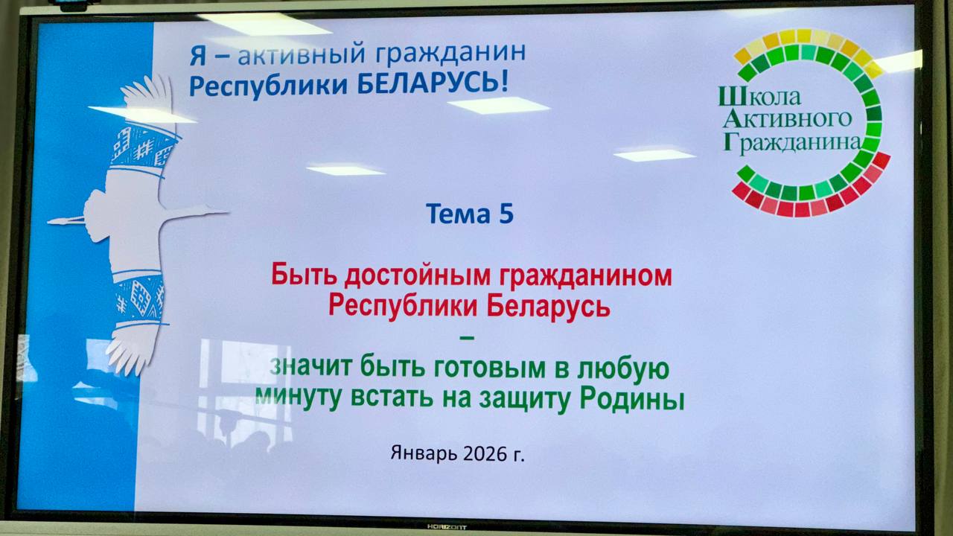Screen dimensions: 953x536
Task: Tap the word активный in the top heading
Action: (x=302, y=55)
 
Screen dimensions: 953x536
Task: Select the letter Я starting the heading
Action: (x=198, y=57)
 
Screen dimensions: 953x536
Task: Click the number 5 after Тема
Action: (x=506, y=214)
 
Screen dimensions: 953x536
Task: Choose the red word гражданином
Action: (x=586, y=276)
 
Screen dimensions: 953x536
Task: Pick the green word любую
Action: (x=623, y=368)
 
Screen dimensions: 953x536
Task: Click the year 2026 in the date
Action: (x=484, y=454)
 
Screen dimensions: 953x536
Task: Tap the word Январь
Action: (x=424, y=453)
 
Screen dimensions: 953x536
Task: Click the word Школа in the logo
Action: (x=760, y=96)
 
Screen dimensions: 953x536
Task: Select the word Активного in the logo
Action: (x=787, y=120)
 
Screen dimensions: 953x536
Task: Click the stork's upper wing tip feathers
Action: (x=147, y=92)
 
